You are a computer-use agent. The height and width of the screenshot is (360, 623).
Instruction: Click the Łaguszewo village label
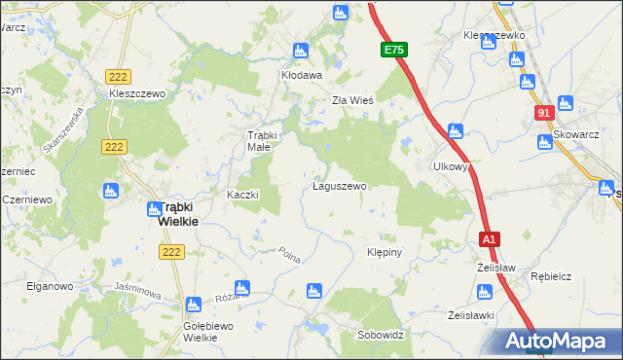(x=339, y=186)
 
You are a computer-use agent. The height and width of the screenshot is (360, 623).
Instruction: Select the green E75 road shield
(x=393, y=50)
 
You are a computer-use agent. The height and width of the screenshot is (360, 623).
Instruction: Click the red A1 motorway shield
(x=489, y=239)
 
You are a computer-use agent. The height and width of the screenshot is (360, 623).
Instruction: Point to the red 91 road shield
(x=543, y=114)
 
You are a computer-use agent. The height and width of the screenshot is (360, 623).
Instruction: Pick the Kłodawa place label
(x=301, y=74)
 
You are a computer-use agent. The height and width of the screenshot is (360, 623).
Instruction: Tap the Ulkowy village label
(x=452, y=166)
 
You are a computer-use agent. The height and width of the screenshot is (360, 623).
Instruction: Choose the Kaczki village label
(x=242, y=195)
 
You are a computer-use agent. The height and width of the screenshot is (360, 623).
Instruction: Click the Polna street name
(x=289, y=256)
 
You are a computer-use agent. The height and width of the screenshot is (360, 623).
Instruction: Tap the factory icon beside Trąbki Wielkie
(x=155, y=207)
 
